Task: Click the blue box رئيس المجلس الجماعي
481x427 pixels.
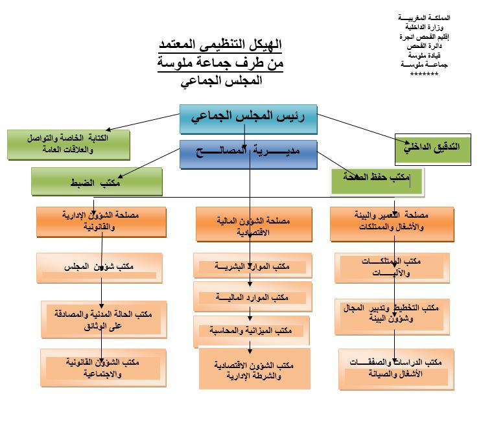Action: (248, 118)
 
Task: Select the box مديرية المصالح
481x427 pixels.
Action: (248, 154)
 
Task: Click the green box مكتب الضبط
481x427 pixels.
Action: (97, 182)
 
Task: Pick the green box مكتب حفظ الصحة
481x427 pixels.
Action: (377, 181)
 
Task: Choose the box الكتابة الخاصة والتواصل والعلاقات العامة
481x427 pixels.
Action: (68, 144)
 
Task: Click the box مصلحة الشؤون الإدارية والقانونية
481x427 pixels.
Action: (101, 222)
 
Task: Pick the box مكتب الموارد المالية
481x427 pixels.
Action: (253, 297)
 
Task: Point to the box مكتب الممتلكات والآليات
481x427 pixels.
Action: (392, 268)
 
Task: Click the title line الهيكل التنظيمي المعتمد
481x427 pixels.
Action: (220, 46)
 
